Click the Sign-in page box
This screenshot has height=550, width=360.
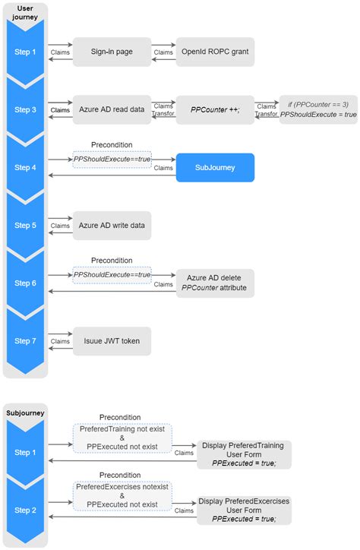pos(112,52)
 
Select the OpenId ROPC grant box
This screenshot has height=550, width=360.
pos(215,52)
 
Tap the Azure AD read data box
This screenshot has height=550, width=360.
pos(112,109)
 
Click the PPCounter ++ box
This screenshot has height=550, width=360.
pos(215,109)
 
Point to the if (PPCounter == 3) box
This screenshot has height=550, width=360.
pos(317,109)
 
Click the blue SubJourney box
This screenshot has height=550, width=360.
pos(215,167)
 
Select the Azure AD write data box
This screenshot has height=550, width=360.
pos(112,226)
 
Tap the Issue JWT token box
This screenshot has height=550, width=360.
pos(112,341)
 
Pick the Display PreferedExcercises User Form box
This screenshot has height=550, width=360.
pos(244,510)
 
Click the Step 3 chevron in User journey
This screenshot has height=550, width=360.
pos(25,109)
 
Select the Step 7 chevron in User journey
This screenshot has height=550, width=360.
pos(25,341)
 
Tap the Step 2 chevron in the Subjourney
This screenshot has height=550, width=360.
pos(25,510)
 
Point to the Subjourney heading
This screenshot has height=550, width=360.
pos(25,413)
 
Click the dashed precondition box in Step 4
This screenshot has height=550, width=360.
pos(112,159)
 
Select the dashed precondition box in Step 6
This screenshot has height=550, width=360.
pos(112,274)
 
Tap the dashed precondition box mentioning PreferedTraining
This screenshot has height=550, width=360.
pos(122,438)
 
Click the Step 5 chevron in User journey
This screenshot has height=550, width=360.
pos(25,226)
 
